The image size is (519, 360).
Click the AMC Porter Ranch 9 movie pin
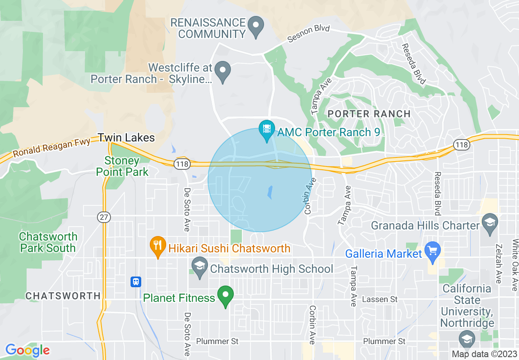(x=267, y=130)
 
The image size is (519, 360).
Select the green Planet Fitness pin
(x=225, y=295)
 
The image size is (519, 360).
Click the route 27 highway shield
(x=104, y=217)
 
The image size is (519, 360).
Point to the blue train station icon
(x=136, y=281)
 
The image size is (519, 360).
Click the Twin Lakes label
(x=126, y=137)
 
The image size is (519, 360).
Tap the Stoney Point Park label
(x=122, y=166)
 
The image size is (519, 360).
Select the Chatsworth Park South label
(x=48, y=242)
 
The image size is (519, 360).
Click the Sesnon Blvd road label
(x=308, y=34)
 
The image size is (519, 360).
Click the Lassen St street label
(x=380, y=299)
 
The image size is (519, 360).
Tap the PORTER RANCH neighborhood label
(x=369, y=114)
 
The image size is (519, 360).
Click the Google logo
(x=27, y=350)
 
